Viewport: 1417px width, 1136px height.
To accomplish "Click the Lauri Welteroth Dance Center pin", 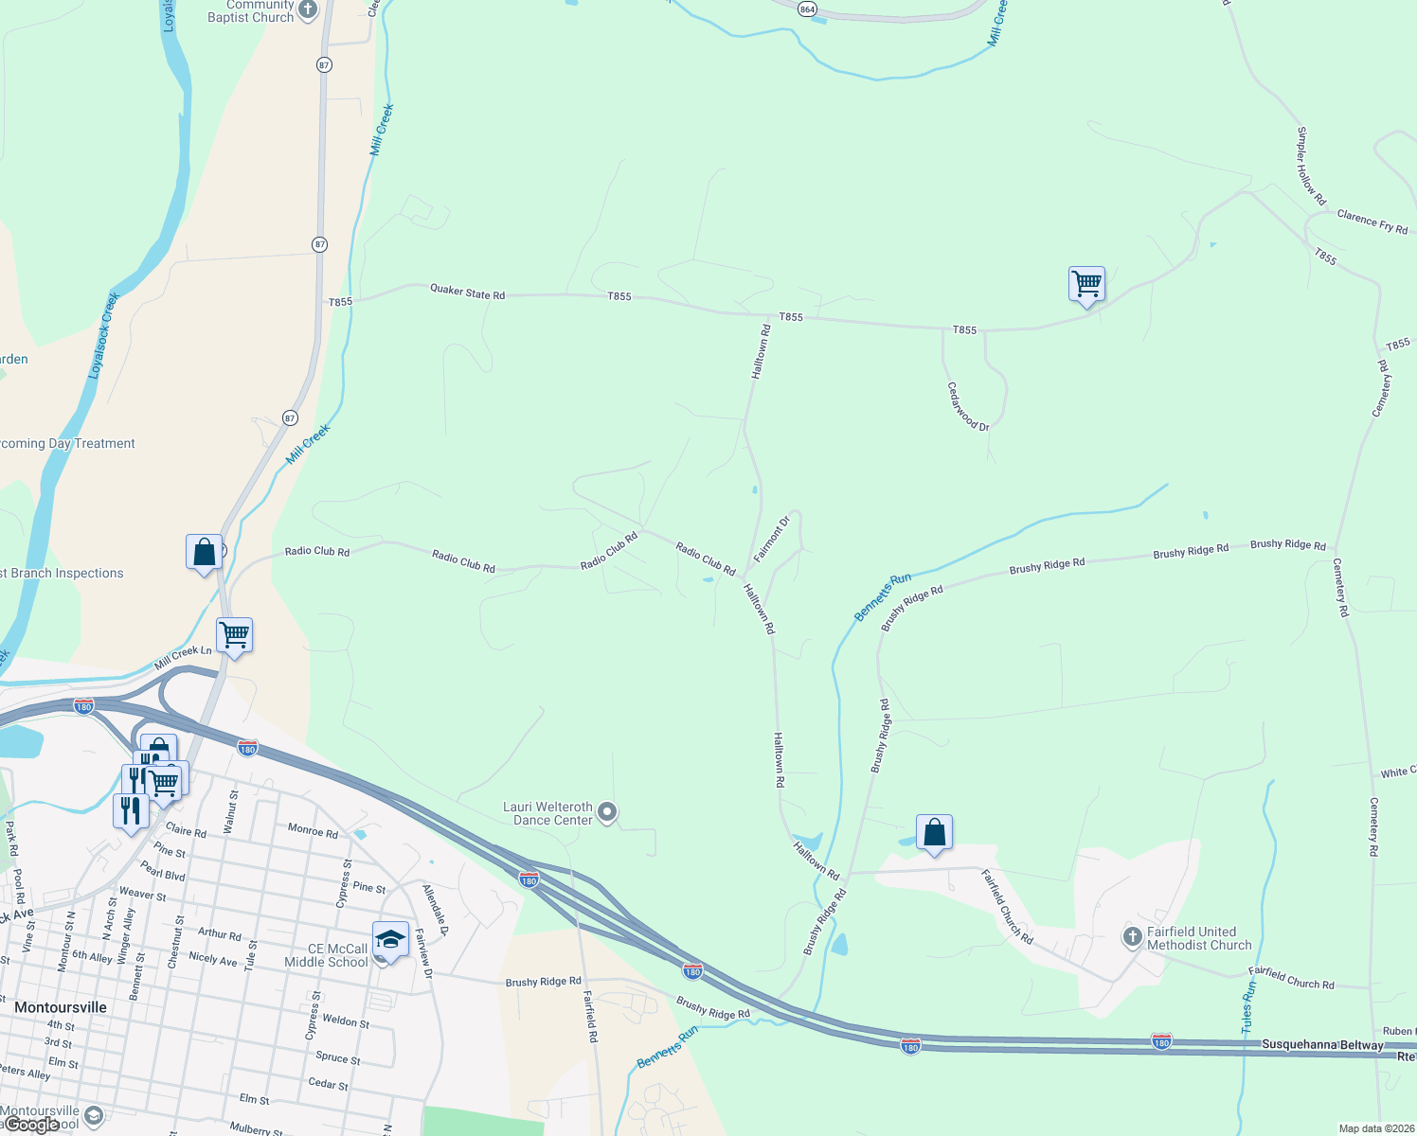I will click(x=608, y=812).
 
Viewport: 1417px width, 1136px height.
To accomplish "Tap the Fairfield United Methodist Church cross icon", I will click(x=1132, y=937).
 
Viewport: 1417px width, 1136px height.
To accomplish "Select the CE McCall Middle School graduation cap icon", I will click(x=389, y=938).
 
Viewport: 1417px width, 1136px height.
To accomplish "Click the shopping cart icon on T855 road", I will click(x=1086, y=283).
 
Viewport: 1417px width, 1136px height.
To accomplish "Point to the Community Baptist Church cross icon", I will click(x=307, y=10).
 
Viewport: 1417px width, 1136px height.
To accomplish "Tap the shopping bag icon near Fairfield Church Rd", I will click(x=934, y=832).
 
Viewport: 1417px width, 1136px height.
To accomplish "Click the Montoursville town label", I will click(x=61, y=1007).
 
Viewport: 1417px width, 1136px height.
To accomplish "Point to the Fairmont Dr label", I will click(x=771, y=540).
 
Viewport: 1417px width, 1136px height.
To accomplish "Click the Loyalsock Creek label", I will click(x=104, y=336).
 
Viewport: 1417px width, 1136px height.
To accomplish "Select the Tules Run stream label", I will click(x=1248, y=1006).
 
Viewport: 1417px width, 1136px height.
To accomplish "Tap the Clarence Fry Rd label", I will click(x=1372, y=222).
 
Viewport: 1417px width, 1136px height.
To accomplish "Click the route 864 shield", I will click(x=806, y=9).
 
